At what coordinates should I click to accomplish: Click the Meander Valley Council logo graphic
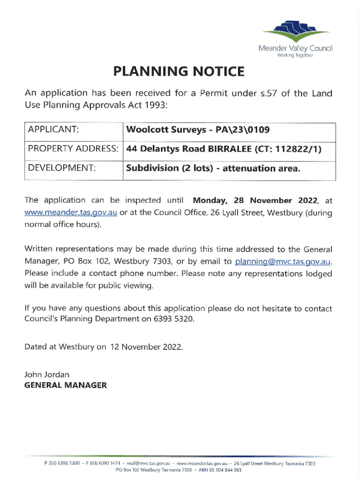coord(295,32)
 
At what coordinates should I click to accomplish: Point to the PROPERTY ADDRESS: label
coord(72,149)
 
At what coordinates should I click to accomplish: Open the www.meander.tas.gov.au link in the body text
coord(71,213)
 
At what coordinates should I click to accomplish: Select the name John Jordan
coord(46,375)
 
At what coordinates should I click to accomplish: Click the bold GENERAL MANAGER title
coord(65,385)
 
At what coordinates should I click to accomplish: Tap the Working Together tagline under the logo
coord(295,55)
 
